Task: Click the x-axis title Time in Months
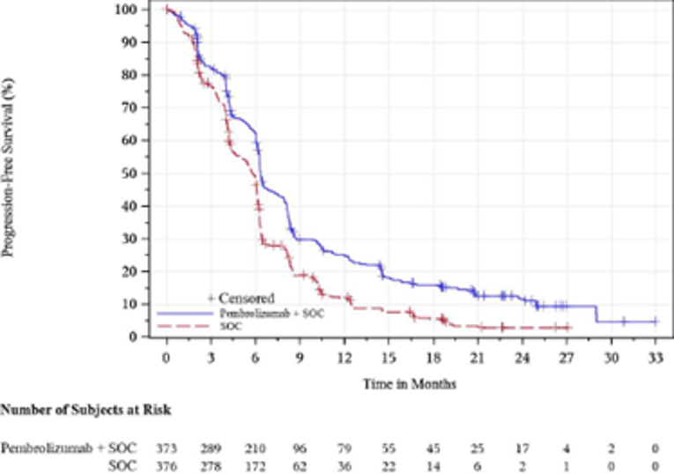tap(410, 384)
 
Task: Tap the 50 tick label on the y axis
tap(130, 174)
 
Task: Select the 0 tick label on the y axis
tap(134, 337)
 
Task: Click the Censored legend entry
tap(240, 298)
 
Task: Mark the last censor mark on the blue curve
tap(624, 322)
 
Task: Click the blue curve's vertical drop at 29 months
tap(596, 314)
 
